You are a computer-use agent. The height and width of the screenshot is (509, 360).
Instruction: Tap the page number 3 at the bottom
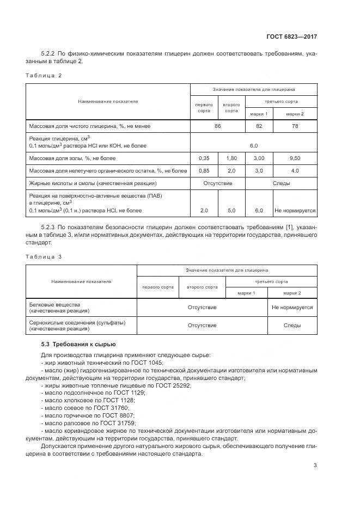[x=315, y=465]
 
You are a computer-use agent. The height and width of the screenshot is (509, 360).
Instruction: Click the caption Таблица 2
[x=44, y=75]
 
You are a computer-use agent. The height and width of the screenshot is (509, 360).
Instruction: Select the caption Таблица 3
[x=44, y=256]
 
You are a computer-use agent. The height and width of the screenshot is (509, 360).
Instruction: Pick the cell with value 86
[x=218, y=126]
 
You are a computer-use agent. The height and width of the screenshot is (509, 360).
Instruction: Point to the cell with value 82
[x=259, y=126]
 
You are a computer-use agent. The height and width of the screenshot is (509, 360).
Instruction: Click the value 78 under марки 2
[x=295, y=126]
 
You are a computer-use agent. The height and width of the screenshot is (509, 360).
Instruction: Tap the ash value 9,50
[x=295, y=158]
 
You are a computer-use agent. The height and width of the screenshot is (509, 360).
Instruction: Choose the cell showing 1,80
[x=231, y=158]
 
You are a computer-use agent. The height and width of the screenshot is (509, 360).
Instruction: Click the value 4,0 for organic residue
[x=295, y=171]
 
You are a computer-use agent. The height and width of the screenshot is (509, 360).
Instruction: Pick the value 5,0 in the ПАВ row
[x=231, y=210]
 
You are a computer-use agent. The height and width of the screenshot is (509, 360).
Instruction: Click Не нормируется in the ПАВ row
[x=295, y=210]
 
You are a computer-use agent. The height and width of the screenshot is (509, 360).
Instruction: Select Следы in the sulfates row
[x=292, y=326]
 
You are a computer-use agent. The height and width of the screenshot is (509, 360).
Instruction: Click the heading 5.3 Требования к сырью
[x=78, y=344]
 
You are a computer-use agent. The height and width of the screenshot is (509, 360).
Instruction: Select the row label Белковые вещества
[x=54, y=304]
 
